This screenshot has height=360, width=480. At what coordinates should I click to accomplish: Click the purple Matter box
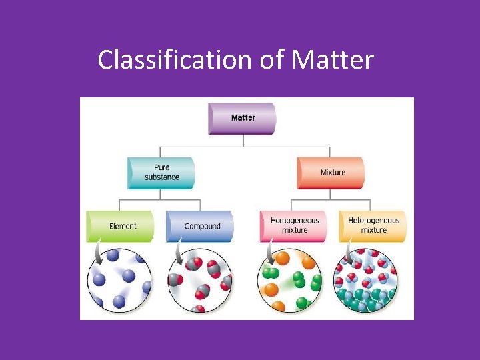(x=243, y=118)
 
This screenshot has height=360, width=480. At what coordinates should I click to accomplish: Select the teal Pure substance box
(x=161, y=173)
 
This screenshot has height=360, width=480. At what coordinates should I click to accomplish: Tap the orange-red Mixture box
(x=331, y=173)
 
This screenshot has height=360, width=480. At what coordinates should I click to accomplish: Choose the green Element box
(x=121, y=226)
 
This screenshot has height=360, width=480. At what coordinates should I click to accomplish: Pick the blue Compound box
(x=201, y=226)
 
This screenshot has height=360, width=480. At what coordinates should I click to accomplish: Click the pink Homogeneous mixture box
(x=294, y=225)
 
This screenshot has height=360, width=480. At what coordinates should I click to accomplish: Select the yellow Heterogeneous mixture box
(x=373, y=225)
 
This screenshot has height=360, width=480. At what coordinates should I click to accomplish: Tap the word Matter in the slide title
(x=333, y=61)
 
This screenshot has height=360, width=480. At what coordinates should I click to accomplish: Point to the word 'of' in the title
(x=272, y=61)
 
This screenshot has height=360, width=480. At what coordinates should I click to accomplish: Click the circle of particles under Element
(x=119, y=279)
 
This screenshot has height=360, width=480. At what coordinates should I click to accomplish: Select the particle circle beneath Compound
(x=199, y=279)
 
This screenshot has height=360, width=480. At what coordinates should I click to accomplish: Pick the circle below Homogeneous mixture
(x=290, y=279)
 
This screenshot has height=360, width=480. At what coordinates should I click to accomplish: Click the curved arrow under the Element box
(x=99, y=254)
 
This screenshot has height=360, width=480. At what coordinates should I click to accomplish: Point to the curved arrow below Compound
(x=178, y=254)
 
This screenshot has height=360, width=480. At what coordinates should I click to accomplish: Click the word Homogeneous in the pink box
(x=295, y=221)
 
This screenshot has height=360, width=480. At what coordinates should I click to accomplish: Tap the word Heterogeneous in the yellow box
(x=373, y=221)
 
